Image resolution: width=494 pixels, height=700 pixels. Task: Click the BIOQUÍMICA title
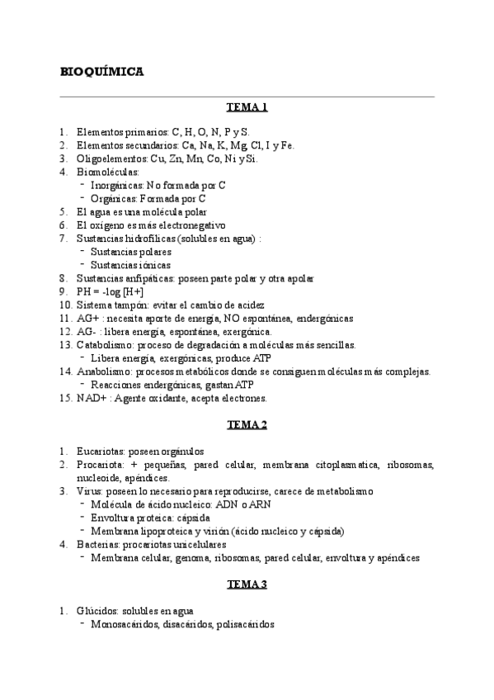pos(103,72)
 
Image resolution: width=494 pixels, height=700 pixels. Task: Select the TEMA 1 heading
pos(247,107)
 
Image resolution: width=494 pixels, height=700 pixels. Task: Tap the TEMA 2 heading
pos(247,425)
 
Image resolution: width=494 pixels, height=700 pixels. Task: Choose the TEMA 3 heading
pos(247,584)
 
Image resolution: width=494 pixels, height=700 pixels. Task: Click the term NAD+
pos(90,398)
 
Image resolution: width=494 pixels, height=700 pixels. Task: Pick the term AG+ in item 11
pos(87,318)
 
